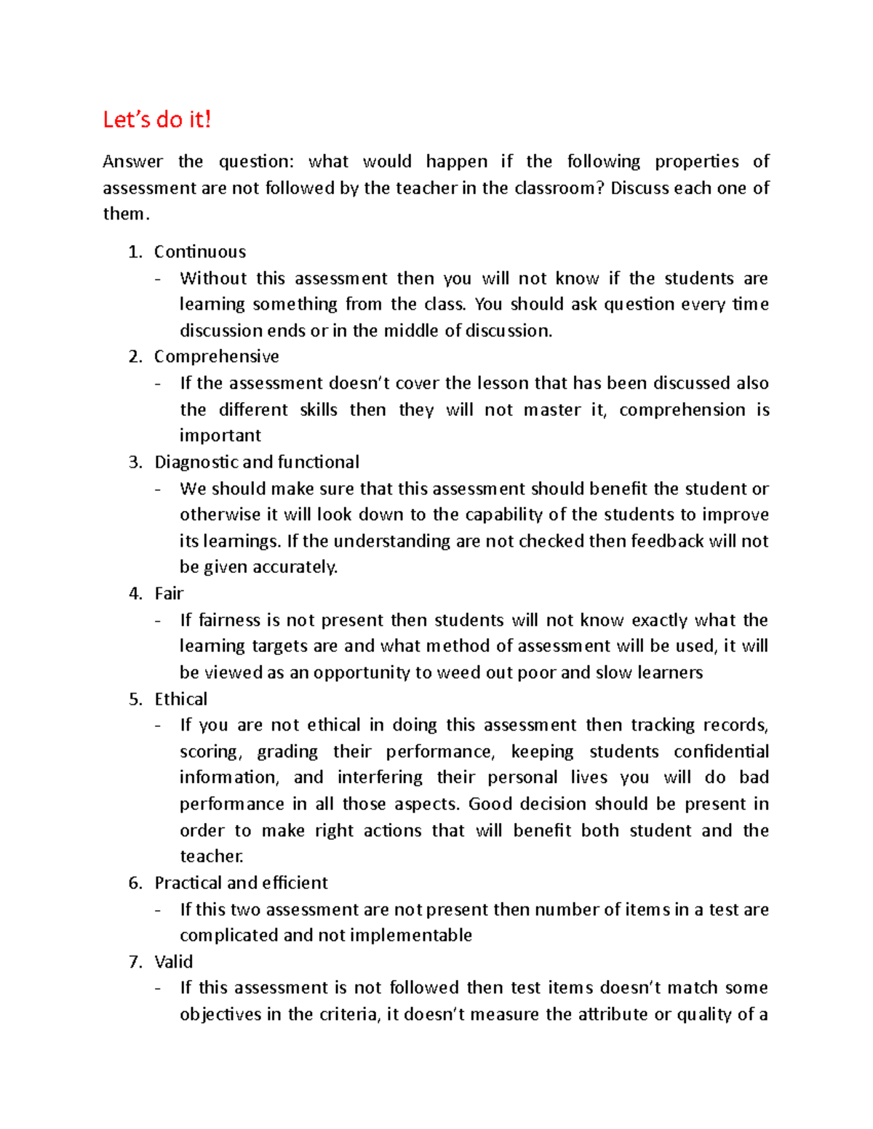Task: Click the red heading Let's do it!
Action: coord(156,119)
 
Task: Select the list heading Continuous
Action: coord(199,252)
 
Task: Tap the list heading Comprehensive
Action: coord(216,356)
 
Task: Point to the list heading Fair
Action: coord(169,593)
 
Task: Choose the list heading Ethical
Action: coord(180,699)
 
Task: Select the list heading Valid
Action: coord(173,962)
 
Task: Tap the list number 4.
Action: coord(135,593)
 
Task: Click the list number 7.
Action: coord(135,962)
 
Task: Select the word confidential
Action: coord(720,751)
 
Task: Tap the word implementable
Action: coord(411,935)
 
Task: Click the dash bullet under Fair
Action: coord(159,621)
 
